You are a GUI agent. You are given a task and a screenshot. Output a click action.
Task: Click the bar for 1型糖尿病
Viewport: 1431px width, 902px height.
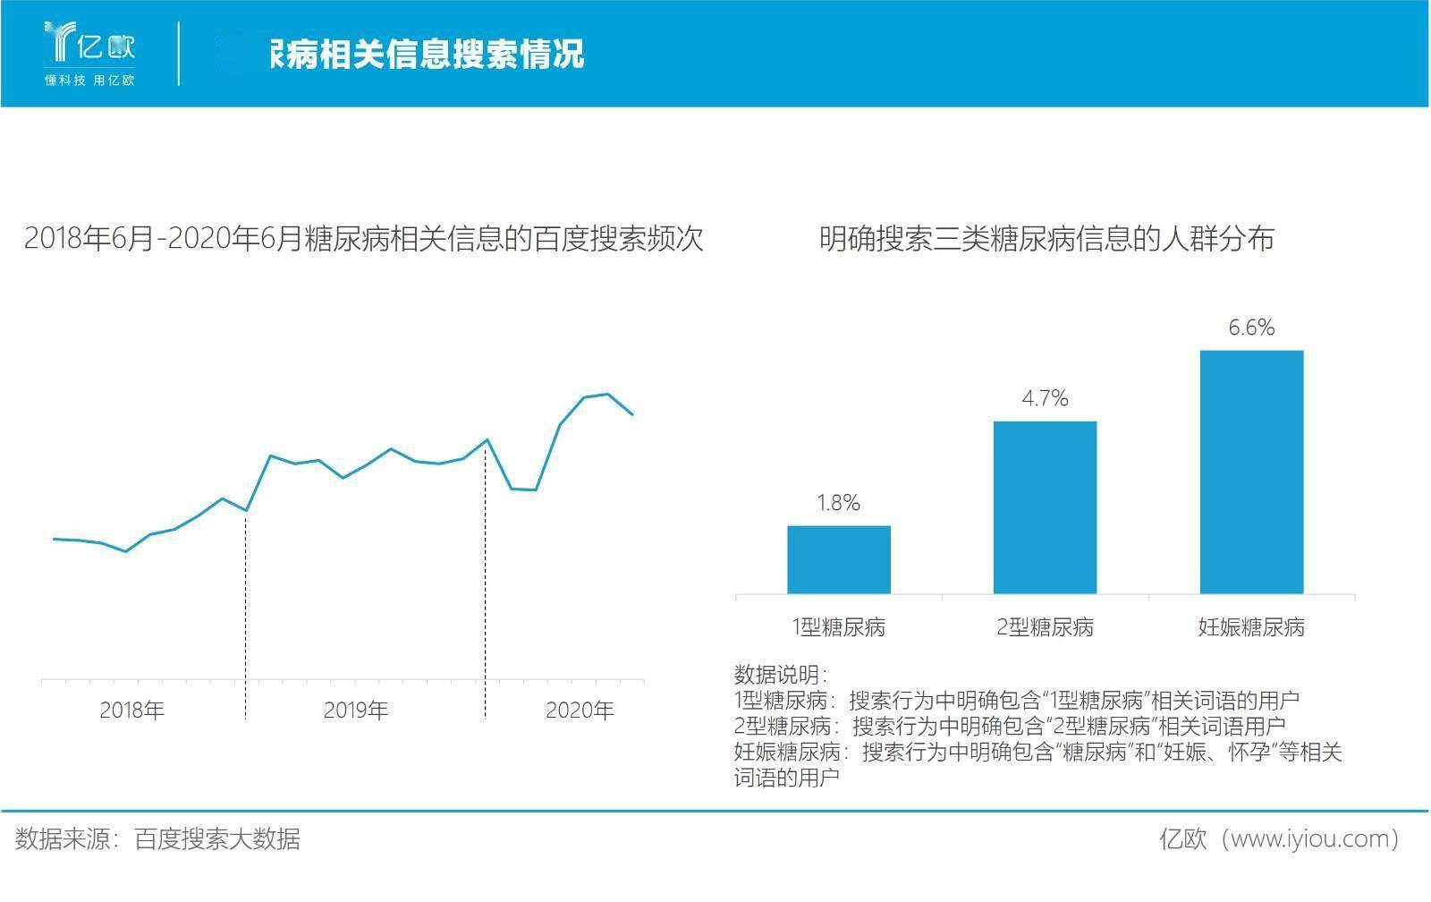(x=839, y=559)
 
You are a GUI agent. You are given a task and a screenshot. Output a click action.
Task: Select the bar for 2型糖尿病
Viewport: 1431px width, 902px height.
(x=1045, y=507)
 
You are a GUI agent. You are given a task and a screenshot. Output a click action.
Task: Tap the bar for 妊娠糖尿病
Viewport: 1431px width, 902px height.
(x=1251, y=472)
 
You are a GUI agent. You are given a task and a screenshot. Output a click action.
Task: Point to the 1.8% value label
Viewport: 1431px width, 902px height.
(x=839, y=503)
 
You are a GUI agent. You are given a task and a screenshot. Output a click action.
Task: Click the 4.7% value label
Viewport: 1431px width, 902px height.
(x=1045, y=398)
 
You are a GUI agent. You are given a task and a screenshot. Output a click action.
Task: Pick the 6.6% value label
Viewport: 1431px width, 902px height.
(x=1251, y=328)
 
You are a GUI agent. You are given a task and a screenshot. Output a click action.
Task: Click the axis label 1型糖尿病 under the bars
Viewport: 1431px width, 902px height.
(x=839, y=627)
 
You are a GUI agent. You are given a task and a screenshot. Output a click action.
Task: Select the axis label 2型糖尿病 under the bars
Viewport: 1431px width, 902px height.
(x=1045, y=627)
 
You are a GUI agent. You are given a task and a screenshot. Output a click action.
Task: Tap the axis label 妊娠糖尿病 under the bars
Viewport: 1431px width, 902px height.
(x=1251, y=627)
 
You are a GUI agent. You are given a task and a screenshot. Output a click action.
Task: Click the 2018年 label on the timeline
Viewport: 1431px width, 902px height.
(x=132, y=711)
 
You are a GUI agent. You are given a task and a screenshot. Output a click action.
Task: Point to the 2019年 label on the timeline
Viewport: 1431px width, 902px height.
(x=356, y=711)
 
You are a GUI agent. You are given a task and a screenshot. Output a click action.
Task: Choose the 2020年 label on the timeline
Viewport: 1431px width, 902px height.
(x=580, y=711)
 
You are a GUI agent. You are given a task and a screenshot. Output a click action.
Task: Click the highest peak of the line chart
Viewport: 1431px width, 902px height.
(x=608, y=394)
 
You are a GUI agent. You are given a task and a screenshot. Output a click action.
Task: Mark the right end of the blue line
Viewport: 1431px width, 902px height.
(x=632, y=414)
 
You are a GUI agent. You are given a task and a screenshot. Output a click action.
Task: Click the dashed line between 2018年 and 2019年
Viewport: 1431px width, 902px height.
(x=246, y=617)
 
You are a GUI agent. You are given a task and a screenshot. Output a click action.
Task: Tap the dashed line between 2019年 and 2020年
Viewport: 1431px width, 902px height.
(x=486, y=582)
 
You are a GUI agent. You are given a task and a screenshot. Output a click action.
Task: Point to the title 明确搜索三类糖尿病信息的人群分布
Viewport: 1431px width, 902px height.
(x=1046, y=240)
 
